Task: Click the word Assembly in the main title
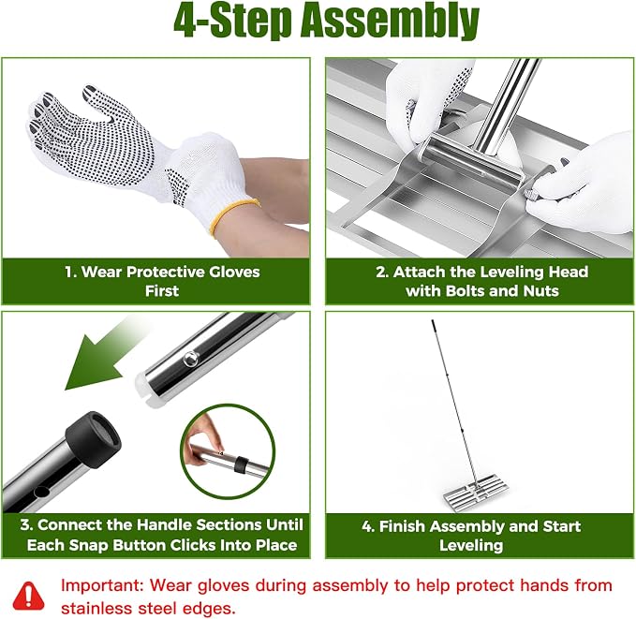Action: tap(389, 21)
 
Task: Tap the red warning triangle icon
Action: tap(28, 596)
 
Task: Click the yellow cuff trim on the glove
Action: tap(233, 215)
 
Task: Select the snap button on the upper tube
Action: tap(191, 359)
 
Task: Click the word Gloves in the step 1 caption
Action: tap(234, 272)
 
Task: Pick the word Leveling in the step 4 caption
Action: tap(471, 546)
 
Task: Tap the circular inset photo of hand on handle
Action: tap(228, 451)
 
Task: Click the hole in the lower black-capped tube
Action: tap(41, 492)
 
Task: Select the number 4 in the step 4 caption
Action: tap(367, 526)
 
